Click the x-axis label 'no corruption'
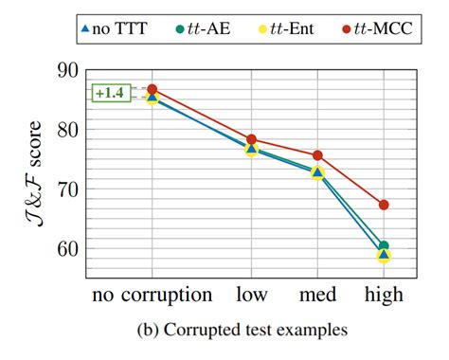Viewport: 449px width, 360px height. pyautogui.click(x=153, y=295)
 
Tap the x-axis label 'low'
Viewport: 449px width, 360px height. pyautogui.click(x=252, y=295)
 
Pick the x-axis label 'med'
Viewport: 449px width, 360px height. pyautogui.click(x=317, y=295)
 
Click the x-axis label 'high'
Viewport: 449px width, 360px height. pyautogui.click(x=384, y=295)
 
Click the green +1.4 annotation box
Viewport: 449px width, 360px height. pyautogui.click(x=109, y=93)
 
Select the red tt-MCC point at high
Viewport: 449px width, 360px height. pyautogui.click(x=384, y=205)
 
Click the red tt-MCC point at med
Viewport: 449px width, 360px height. pyautogui.click(x=317, y=155)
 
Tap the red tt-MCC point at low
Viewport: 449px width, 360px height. pyautogui.click(x=252, y=139)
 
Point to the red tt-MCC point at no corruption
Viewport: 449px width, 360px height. pyautogui.click(x=153, y=89)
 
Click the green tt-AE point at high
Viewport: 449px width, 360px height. pyautogui.click(x=384, y=246)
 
